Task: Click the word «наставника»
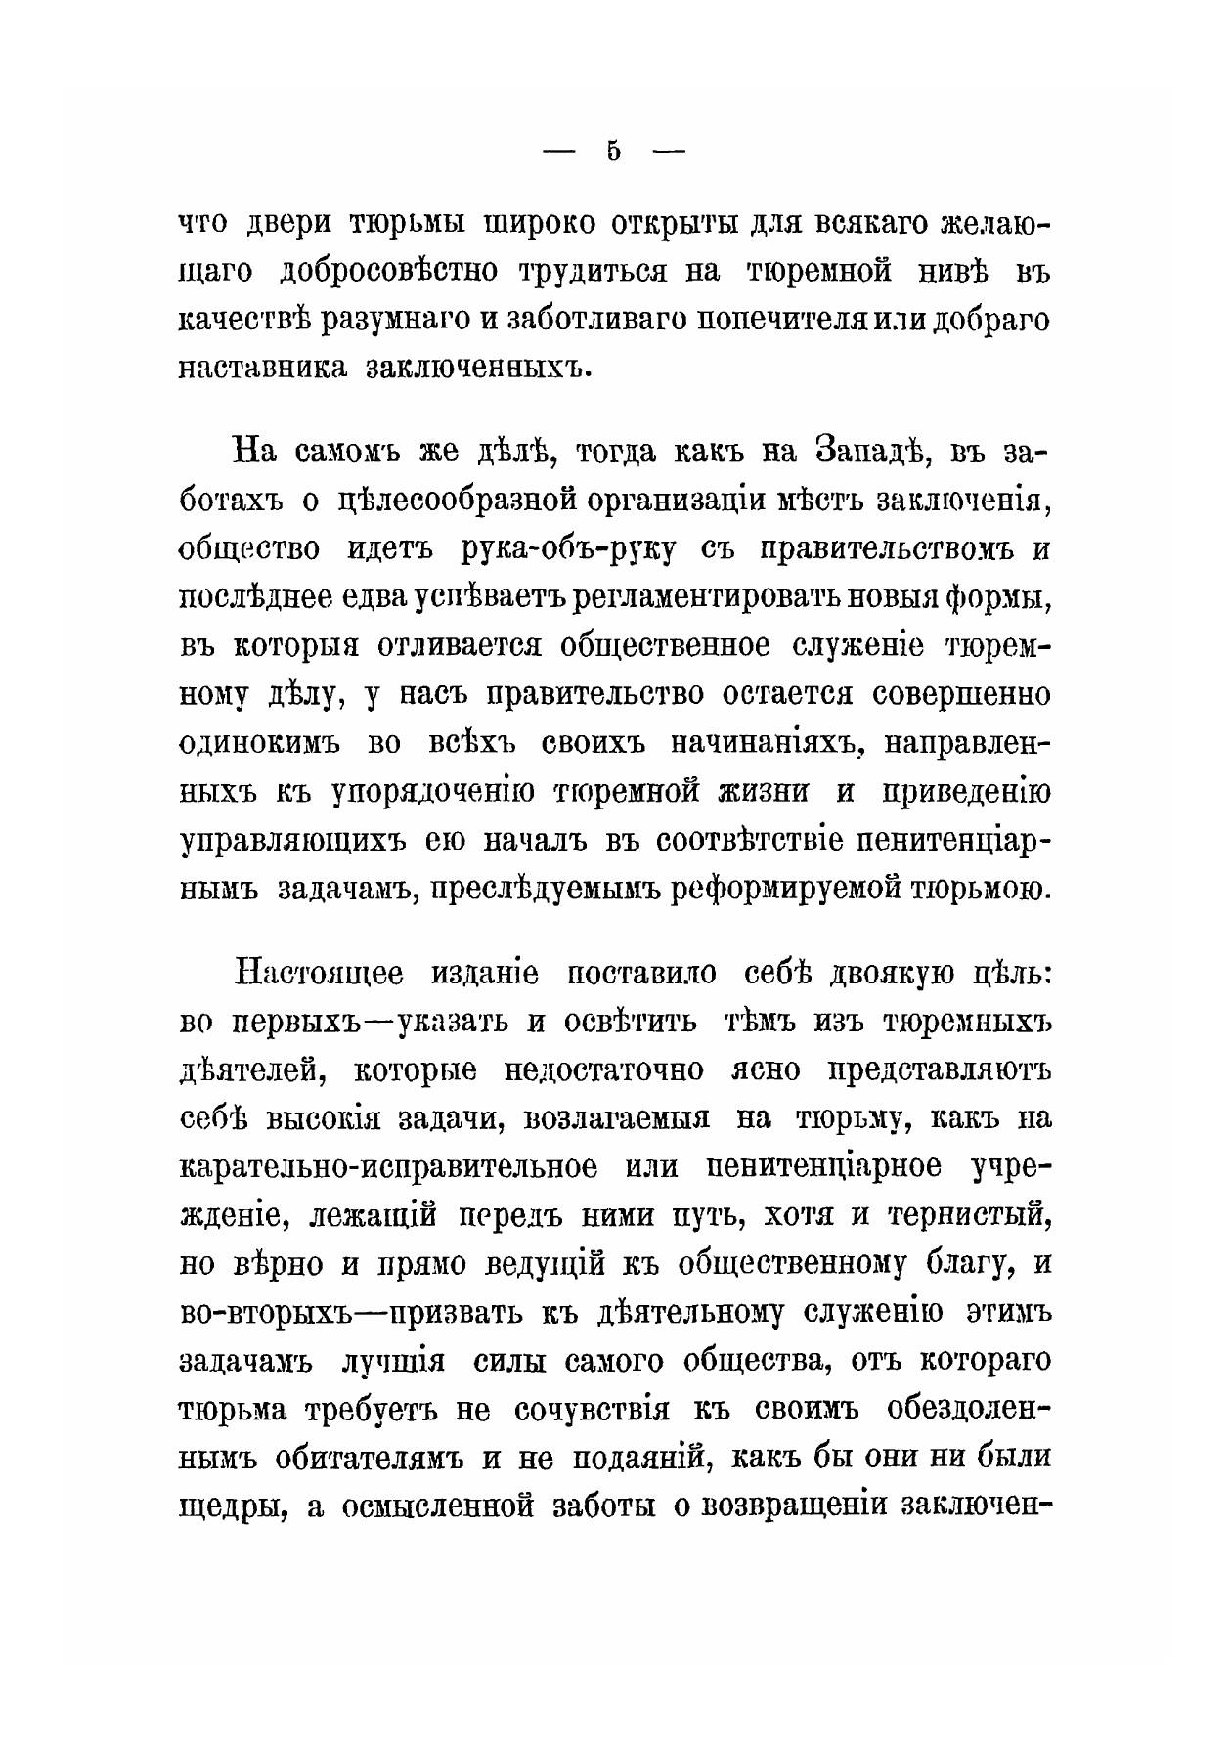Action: click(x=262, y=369)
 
